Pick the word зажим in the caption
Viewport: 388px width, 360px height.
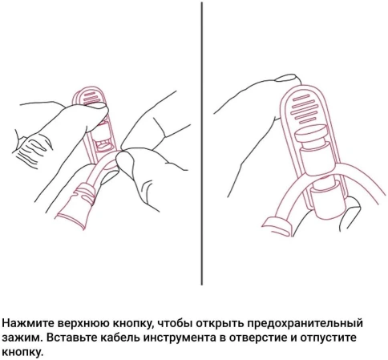pos(19,338)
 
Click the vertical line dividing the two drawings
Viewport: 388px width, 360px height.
pos(201,144)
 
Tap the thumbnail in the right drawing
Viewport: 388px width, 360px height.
pos(285,77)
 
